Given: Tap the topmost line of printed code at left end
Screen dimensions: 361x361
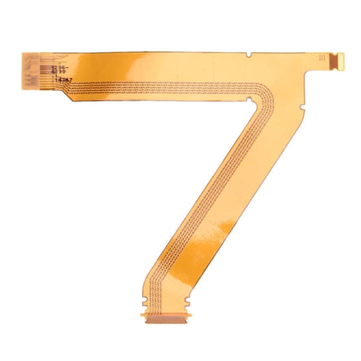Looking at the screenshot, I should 59,61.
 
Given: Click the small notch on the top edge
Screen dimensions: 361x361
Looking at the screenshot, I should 249,55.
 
